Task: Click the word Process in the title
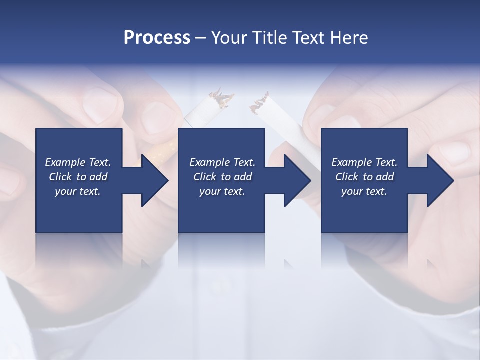pos(157,38)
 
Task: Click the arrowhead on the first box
pos(152,180)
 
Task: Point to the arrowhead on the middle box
pos(295,180)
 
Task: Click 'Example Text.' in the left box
pos(78,162)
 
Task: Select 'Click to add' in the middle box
pos(222,177)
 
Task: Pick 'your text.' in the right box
pos(364,191)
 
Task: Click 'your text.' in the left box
pos(78,191)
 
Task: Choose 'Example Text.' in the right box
pos(364,162)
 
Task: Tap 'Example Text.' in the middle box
pos(222,162)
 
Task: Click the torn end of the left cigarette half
pos(221,98)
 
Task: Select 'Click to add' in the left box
pos(78,177)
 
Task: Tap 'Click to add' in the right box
pos(364,177)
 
